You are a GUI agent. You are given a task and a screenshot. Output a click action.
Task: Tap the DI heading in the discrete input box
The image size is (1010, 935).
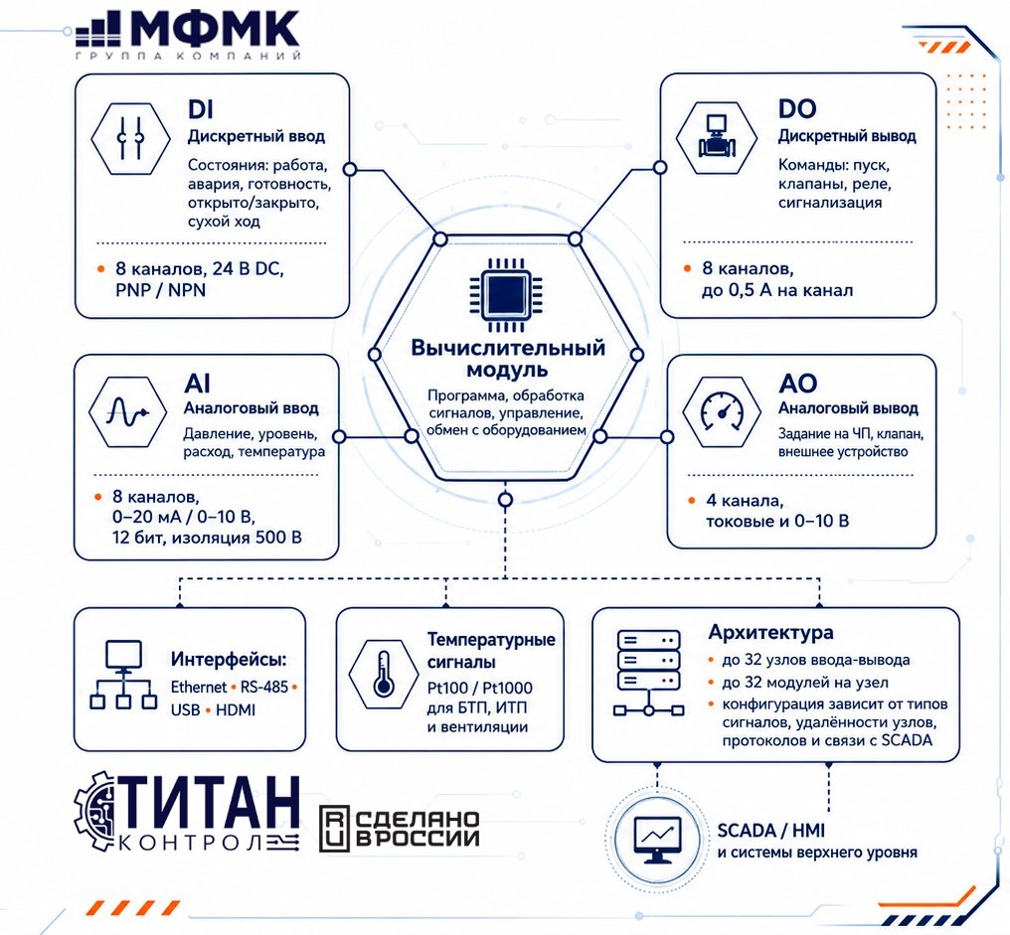click(201, 109)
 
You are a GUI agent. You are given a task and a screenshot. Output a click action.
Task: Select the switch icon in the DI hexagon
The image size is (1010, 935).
click(131, 138)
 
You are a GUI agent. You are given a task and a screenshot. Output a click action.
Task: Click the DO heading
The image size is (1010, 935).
click(797, 109)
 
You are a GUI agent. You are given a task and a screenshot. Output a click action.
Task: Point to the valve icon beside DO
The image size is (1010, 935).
click(716, 136)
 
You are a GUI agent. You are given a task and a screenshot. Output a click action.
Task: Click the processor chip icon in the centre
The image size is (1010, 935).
click(506, 292)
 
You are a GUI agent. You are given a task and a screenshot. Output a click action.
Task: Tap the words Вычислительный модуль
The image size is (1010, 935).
click(508, 359)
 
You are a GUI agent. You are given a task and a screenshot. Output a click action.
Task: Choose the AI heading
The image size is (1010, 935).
click(197, 384)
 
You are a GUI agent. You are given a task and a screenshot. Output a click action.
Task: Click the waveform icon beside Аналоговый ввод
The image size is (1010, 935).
click(128, 411)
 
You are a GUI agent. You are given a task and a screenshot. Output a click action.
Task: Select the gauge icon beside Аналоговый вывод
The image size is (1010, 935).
click(722, 411)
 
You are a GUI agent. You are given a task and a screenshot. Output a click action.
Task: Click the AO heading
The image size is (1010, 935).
click(797, 384)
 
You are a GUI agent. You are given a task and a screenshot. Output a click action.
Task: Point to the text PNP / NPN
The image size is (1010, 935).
click(160, 290)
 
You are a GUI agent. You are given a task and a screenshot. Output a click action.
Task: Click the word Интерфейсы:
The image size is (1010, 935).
click(229, 660)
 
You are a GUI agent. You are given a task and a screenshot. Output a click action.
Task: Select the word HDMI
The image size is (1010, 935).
click(236, 710)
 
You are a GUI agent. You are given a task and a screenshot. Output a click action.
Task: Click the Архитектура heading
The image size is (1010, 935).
click(770, 632)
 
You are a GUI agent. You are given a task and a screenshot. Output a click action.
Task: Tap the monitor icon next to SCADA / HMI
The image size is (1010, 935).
click(657, 840)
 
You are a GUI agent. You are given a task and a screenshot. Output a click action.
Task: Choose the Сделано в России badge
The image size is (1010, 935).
click(400, 828)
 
